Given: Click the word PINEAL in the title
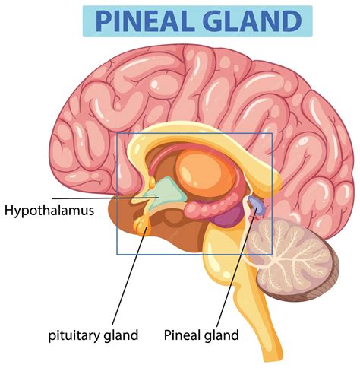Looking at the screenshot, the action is pyautogui.click(x=145, y=21).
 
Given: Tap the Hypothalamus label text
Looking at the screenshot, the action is pyautogui.click(x=49, y=211).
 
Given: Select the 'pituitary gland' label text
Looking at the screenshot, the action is pyautogui.click(x=93, y=335).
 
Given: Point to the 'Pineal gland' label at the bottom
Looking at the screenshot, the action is pyautogui.click(x=201, y=335).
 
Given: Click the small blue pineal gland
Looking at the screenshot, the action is pyautogui.click(x=256, y=205).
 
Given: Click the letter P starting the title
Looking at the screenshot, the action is pyautogui.click(x=103, y=21).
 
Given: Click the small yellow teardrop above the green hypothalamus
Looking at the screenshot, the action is pyautogui.click(x=152, y=182).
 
